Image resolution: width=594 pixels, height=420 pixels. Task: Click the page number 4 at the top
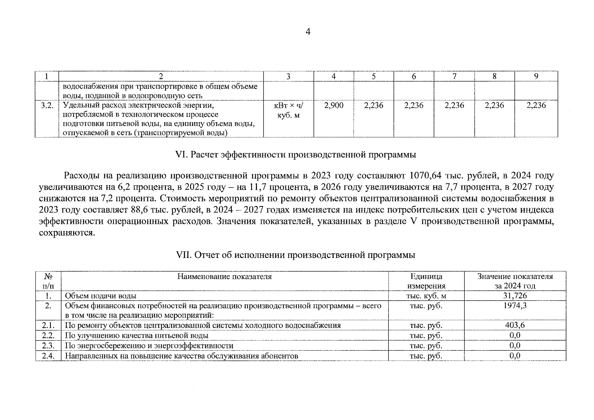(308, 32)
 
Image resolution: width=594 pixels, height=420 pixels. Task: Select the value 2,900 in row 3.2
(334, 105)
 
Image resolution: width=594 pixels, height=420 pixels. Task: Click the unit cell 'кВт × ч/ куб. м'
(288, 110)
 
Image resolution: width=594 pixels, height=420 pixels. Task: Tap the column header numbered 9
(536, 76)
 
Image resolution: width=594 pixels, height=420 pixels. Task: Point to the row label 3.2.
(47, 105)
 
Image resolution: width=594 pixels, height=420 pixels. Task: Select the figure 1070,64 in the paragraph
(425, 176)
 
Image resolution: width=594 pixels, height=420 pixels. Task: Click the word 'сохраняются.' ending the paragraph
(67, 233)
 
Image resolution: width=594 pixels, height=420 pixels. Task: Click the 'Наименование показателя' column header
(224, 276)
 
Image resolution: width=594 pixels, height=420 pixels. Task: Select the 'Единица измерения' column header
(426, 281)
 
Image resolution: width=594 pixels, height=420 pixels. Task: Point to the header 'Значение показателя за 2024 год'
(515, 281)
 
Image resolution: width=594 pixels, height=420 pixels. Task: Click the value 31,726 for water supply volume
(515, 296)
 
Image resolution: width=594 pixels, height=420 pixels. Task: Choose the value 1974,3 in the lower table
(515, 306)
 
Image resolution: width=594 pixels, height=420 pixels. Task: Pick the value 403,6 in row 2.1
(515, 325)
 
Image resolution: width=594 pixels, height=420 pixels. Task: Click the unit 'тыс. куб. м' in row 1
(426, 296)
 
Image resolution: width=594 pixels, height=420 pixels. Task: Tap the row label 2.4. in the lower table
(48, 356)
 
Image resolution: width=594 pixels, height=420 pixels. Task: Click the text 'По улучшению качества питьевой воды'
(137, 335)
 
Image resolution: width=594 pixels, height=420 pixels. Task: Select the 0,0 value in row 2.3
(515, 345)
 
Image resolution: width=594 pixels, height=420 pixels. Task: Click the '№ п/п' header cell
(48, 281)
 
